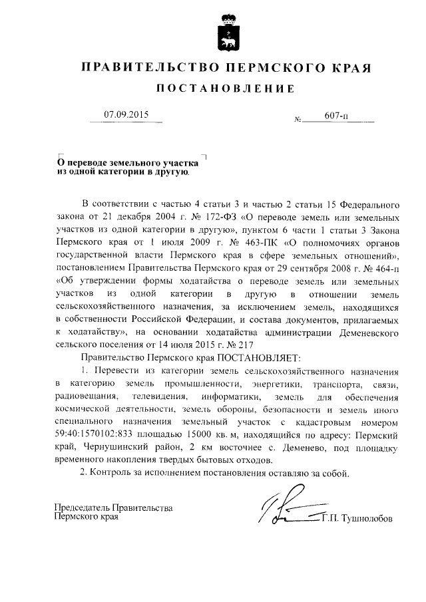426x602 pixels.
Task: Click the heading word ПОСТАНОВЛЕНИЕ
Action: [x=224, y=88]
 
